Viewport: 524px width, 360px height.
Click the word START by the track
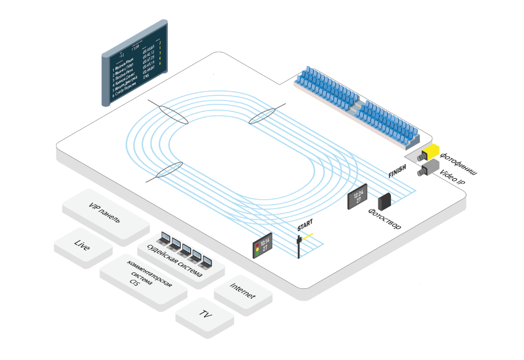[305, 226]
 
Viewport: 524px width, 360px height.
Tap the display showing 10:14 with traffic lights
[262, 245]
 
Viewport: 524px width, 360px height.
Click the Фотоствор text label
[385, 219]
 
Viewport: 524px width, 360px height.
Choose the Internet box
[243, 293]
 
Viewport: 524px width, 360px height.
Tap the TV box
[205, 315]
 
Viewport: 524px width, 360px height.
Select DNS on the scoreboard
[147, 76]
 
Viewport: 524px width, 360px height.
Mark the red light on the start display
[257, 245]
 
